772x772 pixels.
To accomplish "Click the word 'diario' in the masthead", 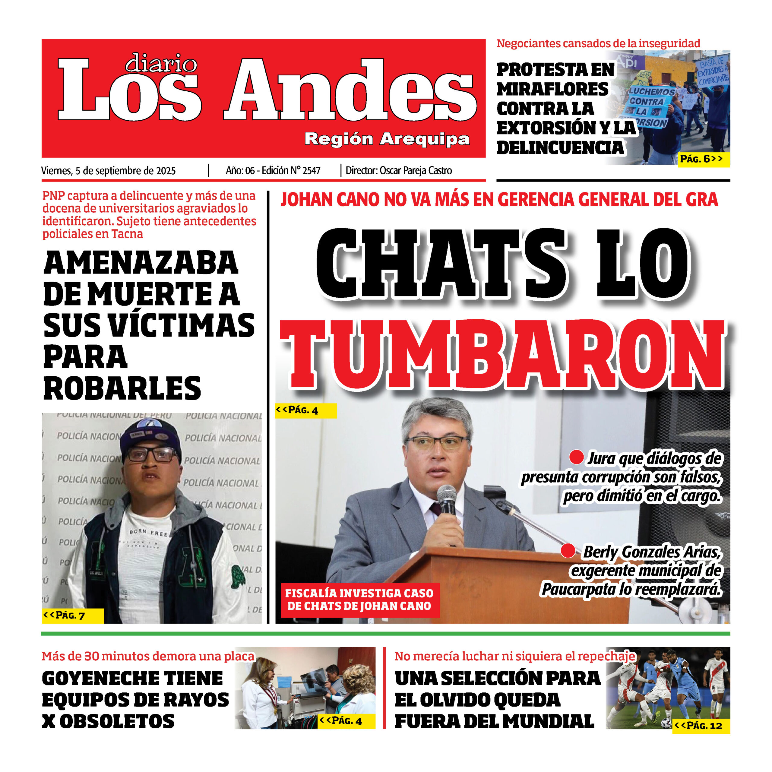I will click(x=161, y=64).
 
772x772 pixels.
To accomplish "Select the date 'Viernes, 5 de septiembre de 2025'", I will click(x=108, y=171).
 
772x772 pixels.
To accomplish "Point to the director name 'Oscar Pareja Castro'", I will click(x=416, y=171).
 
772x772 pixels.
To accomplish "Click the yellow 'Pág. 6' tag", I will click(x=704, y=159).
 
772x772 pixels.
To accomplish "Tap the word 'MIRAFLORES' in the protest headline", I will click(x=553, y=89).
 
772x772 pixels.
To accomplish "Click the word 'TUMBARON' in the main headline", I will click(x=503, y=355).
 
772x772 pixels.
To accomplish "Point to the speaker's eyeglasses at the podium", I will click(x=436, y=442).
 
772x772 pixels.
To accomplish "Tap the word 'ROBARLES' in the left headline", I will click(x=122, y=388).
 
